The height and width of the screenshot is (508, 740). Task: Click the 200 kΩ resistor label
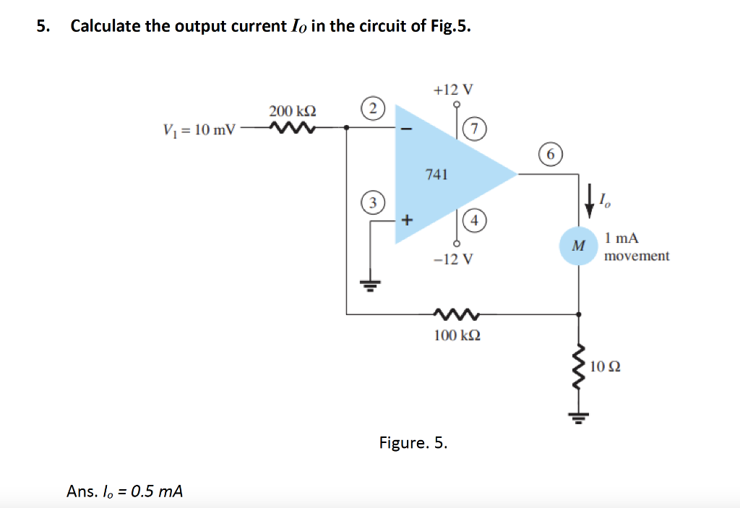point(292,111)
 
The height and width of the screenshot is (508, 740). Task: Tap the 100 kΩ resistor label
point(457,335)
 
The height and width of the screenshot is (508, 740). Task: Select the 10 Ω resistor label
point(605,367)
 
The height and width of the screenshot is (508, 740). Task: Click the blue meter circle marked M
point(577,246)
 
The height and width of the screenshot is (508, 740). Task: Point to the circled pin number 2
point(372,109)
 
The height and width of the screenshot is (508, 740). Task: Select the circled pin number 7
point(473,129)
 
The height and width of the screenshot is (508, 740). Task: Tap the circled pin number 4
point(474,220)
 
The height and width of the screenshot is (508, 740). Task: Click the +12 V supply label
point(453,90)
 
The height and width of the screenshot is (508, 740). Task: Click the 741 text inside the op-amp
point(436,174)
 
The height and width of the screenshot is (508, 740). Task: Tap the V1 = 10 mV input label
point(199,130)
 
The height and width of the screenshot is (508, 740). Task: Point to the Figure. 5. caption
point(413,443)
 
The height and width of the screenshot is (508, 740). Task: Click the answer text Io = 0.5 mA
point(124,491)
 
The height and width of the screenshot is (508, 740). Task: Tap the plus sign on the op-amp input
point(406,220)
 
